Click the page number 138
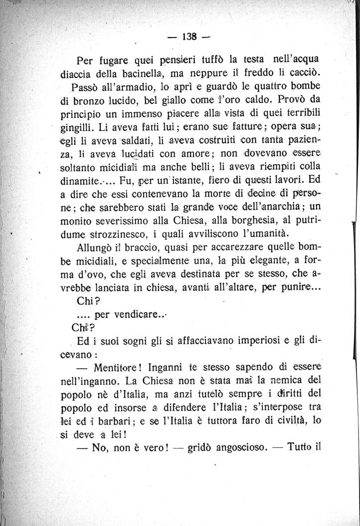(190, 37)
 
